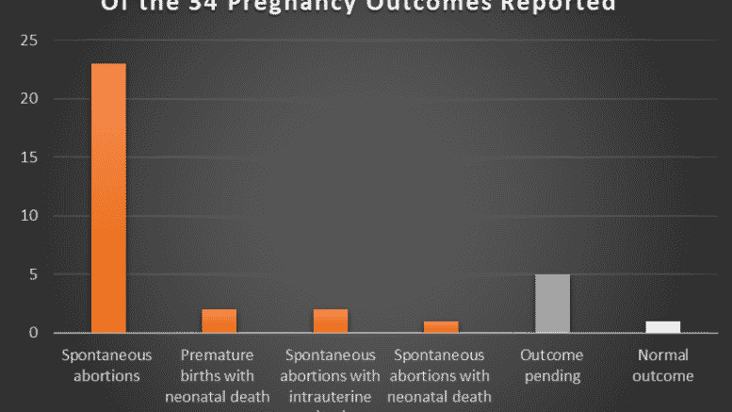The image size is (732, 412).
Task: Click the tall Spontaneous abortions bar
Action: coord(107,198)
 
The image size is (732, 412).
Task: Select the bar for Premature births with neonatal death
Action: coord(219,321)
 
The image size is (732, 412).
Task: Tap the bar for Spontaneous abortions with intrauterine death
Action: coord(331,321)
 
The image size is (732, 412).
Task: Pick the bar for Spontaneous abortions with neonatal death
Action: coord(441,327)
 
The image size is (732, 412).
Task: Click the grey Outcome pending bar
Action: coord(552,304)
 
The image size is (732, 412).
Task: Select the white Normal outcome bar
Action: coord(663,327)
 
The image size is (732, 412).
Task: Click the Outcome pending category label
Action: coord(551,365)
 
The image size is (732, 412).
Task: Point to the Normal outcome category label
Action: coord(663,365)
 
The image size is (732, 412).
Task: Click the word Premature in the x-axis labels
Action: coord(219,355)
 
